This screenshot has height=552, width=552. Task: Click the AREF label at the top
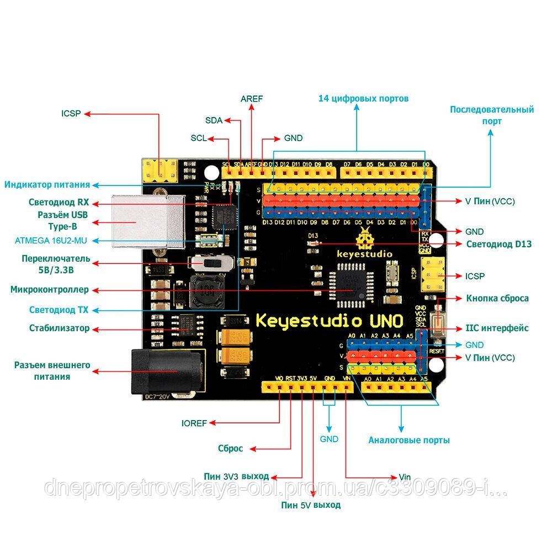point(252,99)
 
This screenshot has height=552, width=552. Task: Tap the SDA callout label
point(214,120)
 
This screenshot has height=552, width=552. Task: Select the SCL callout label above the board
point(199,138)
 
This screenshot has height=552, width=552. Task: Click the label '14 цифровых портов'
point(363,99)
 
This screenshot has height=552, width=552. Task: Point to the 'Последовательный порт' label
point(491,115)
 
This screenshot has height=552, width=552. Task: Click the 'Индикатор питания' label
point(48,184)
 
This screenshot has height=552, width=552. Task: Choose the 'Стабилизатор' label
point(59,328)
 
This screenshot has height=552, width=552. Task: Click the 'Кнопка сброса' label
point(497,298)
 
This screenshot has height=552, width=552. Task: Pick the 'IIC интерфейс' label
point(497,328)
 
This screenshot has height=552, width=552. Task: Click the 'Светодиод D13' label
point(499,243)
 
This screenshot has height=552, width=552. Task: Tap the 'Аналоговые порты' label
point(409,440)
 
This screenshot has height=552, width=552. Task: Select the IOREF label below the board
point(194,423)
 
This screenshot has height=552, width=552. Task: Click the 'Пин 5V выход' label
point(311,505)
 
